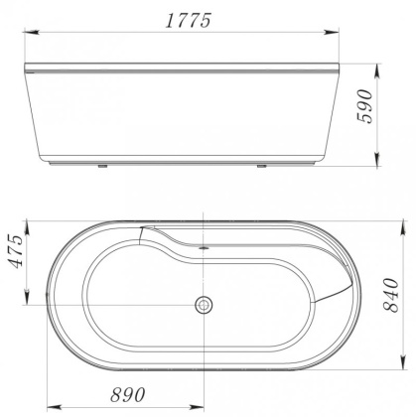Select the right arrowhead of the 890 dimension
tap(203, 406)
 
